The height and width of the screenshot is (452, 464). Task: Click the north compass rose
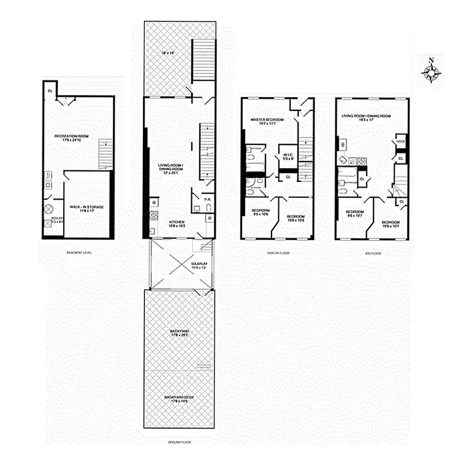click(432, 71)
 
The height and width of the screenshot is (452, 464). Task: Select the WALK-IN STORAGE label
click(87, 207)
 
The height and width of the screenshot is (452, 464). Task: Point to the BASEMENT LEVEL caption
click(79, 253)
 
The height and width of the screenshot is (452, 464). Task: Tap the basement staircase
click(106, 154)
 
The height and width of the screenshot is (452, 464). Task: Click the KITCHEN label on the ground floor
click(177, 222)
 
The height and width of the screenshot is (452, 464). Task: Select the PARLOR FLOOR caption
click(278, 253)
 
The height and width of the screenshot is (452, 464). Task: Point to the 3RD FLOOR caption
click(373, 253)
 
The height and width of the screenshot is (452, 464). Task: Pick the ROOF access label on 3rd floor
click(400, 141)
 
